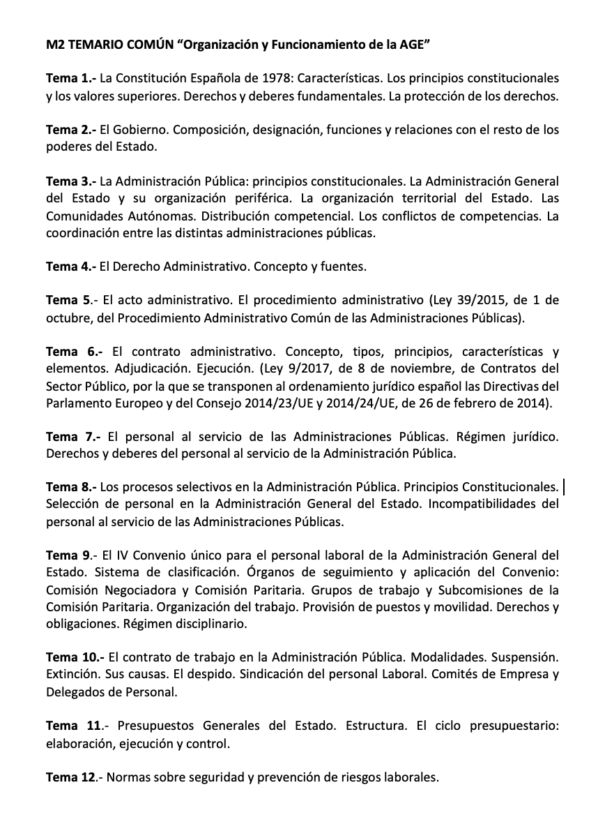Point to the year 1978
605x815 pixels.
pos(261,79)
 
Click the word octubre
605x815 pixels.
pos(67,318)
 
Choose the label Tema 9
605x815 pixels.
pos(68,555)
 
